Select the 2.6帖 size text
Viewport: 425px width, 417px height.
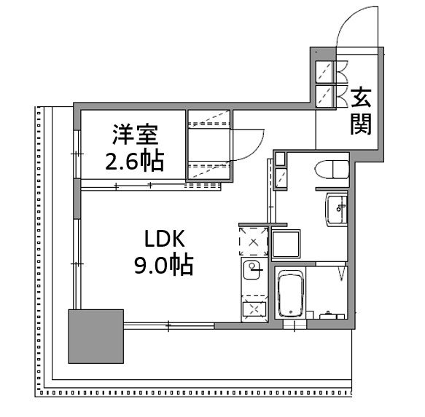[134, 159]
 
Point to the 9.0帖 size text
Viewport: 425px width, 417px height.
[163, 266]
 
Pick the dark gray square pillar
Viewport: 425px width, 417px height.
[95, 336]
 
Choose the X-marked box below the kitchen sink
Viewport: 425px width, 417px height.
[254, 309]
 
